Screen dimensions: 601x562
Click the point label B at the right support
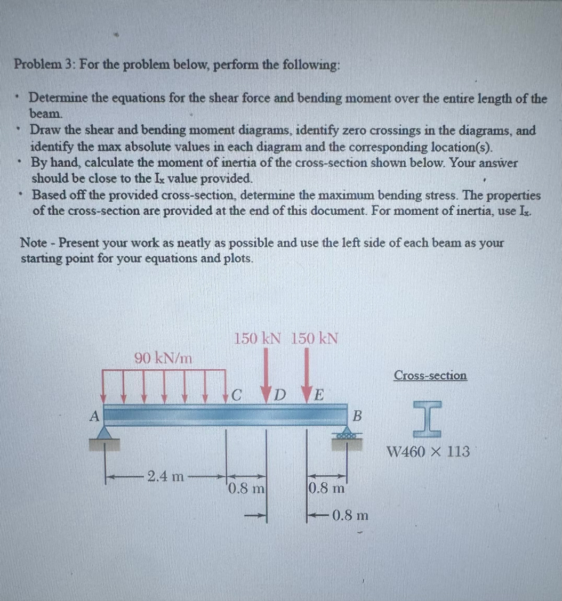point(358,416)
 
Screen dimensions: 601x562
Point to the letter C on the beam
point(237,396)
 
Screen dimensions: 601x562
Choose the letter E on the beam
point(318,396)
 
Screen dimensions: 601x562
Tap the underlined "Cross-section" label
point(430,376)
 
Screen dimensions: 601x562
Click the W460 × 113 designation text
point(429,452)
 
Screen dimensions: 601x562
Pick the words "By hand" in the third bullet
point(53,163)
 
